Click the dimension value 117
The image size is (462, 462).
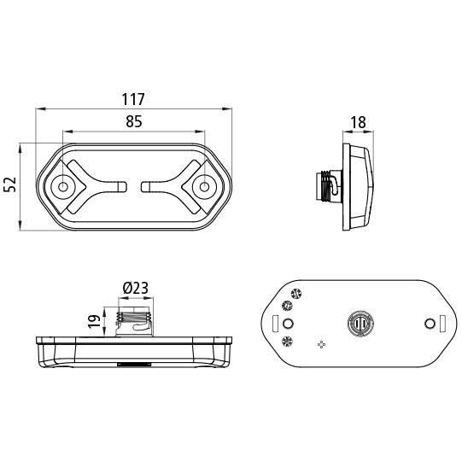[133, 99]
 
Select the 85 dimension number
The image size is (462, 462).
[134, 121]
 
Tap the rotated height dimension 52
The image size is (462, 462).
[10, 184]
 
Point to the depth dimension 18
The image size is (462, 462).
[359, 122]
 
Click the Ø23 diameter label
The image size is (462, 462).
[136, 288]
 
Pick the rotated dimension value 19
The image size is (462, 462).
[94, 321]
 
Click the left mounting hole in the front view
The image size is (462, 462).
[62, 186]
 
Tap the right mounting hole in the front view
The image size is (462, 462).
[204, 186]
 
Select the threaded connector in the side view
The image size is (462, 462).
[329, 187]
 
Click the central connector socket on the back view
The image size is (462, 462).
[360, 324]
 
